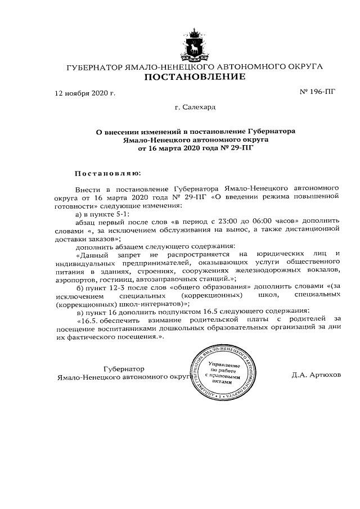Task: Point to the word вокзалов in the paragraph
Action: [322, 271]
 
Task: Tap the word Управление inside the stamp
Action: [224, 364]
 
